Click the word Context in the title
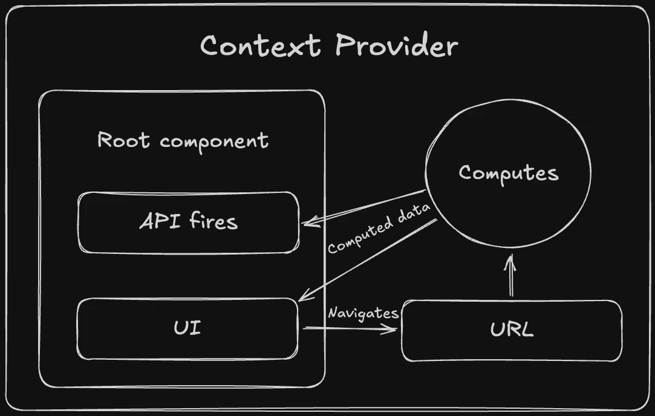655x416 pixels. [x=260, y=46]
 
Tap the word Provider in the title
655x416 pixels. [x=396, y=46]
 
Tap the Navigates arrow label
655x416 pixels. [x=363, y=313]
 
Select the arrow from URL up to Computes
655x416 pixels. [x=510, y=278]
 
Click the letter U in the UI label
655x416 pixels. [x=180, y=328]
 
